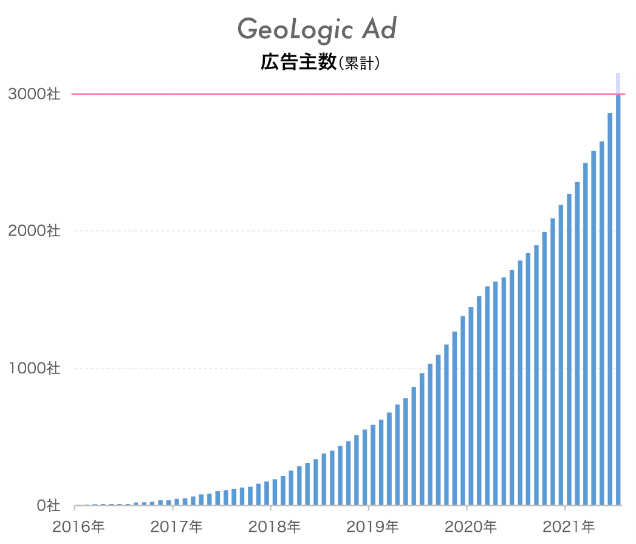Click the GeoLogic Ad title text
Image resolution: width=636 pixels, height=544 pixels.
[x=316, y=29]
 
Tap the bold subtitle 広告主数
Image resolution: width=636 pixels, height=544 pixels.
[x=298, y=63]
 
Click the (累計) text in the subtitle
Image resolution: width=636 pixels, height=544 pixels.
[x=359, y=63]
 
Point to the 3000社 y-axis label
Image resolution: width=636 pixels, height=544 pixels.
[x=34, y=93]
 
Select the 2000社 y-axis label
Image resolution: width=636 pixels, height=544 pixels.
[x=34, y=231]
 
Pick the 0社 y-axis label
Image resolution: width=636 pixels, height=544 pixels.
[x=48, y=506]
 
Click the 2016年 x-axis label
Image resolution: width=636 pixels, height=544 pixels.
[x=79, y=526]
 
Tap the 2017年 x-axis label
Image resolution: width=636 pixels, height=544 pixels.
[x=176, y=526]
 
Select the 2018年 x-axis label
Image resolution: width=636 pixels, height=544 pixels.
[x=275, y=526]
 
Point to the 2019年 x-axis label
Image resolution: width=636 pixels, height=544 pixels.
[x=372, y=526]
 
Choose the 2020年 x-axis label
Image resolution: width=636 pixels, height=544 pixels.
[x=471, y=526]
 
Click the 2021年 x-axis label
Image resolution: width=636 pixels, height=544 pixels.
[x=569, y=526]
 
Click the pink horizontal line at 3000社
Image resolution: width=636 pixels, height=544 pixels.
[x=349, y=94]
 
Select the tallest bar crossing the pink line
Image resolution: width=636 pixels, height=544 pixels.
[x=618, y=300]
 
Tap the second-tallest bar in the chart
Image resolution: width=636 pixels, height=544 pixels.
[x=610, y=309]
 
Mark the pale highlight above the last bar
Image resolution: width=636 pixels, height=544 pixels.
[x=618, y=83]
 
